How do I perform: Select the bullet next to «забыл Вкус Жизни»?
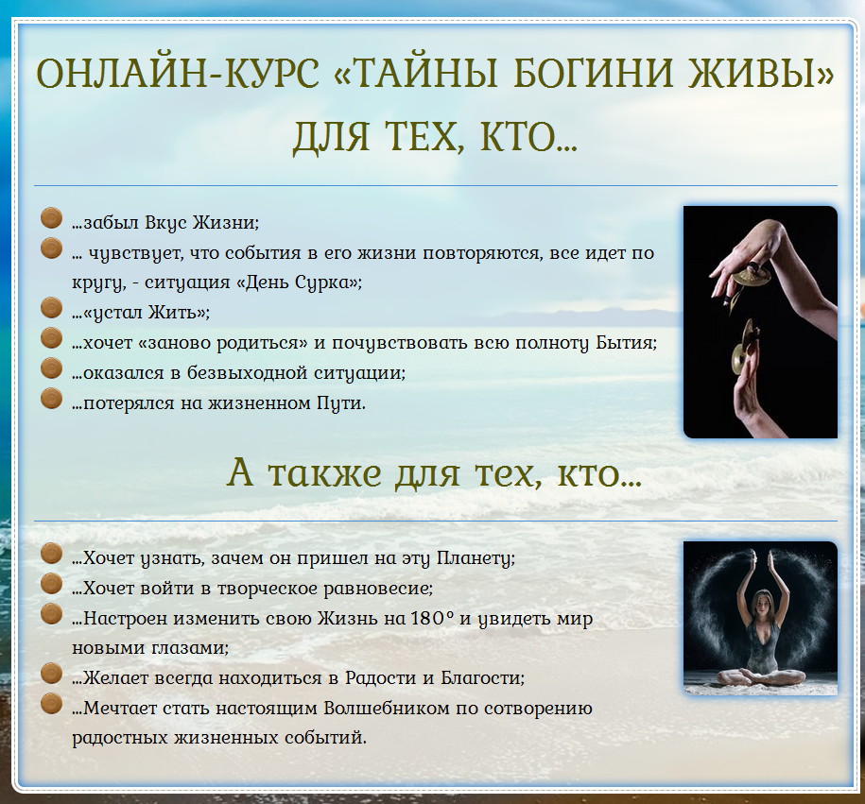click(x=52, y=218)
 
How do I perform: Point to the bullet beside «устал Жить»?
click(x=52, y=309)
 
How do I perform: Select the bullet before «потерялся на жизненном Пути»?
click(x=52, y=399)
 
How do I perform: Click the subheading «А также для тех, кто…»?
click(x=435, y=472)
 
